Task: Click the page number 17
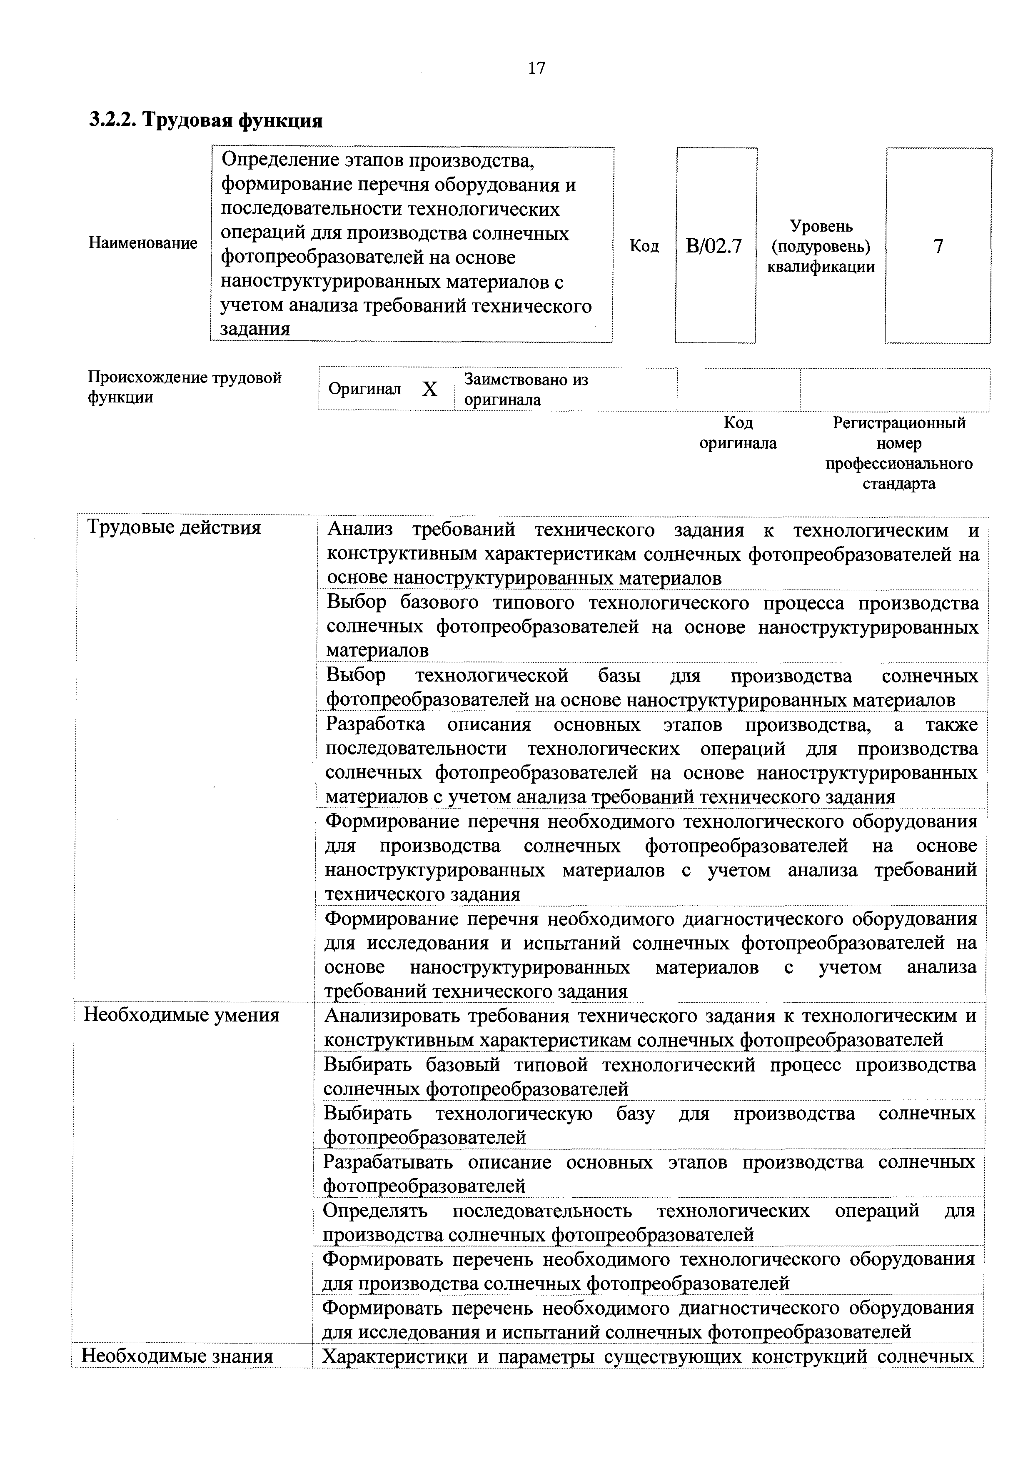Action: tap(536, 67)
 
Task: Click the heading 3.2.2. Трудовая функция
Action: tap(205, 120)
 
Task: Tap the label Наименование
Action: tap(143, 243)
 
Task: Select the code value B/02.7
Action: tap(714, 246)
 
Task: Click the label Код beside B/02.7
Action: tap(644, 246)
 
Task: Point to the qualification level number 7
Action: tap(938, 246)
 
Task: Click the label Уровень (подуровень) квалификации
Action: tap(821, 246)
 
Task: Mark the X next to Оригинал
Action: tap(430, 389)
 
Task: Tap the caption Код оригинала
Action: tap(738, 433)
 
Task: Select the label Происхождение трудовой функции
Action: tap(185, 387)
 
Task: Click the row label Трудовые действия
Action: tap(174, 527)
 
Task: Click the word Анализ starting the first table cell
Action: tap(360, 529)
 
